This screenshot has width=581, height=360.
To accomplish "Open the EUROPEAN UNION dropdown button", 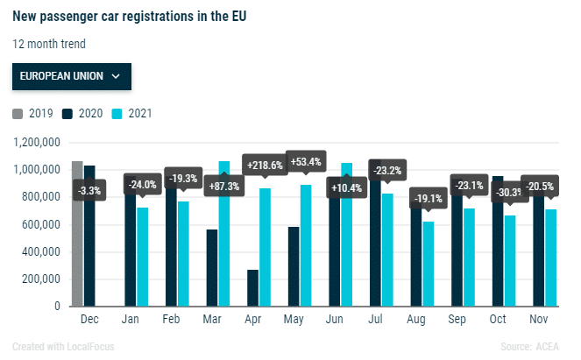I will pos(71,76).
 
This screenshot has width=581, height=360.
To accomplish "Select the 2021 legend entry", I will pos(133,113).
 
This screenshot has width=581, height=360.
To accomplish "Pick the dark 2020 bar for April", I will pos(252,288).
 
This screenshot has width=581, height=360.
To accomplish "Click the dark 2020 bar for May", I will pos(294,267).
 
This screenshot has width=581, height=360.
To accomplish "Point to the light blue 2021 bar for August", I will pos(429,264).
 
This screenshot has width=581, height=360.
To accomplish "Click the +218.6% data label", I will pos(266,165).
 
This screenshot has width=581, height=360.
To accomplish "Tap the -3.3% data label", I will pos(89,189).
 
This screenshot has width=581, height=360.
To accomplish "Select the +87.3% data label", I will pos(224,187).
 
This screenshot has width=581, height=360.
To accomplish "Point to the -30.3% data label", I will pos(510,193).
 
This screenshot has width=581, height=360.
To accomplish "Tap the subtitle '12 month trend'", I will pos(50,43).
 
